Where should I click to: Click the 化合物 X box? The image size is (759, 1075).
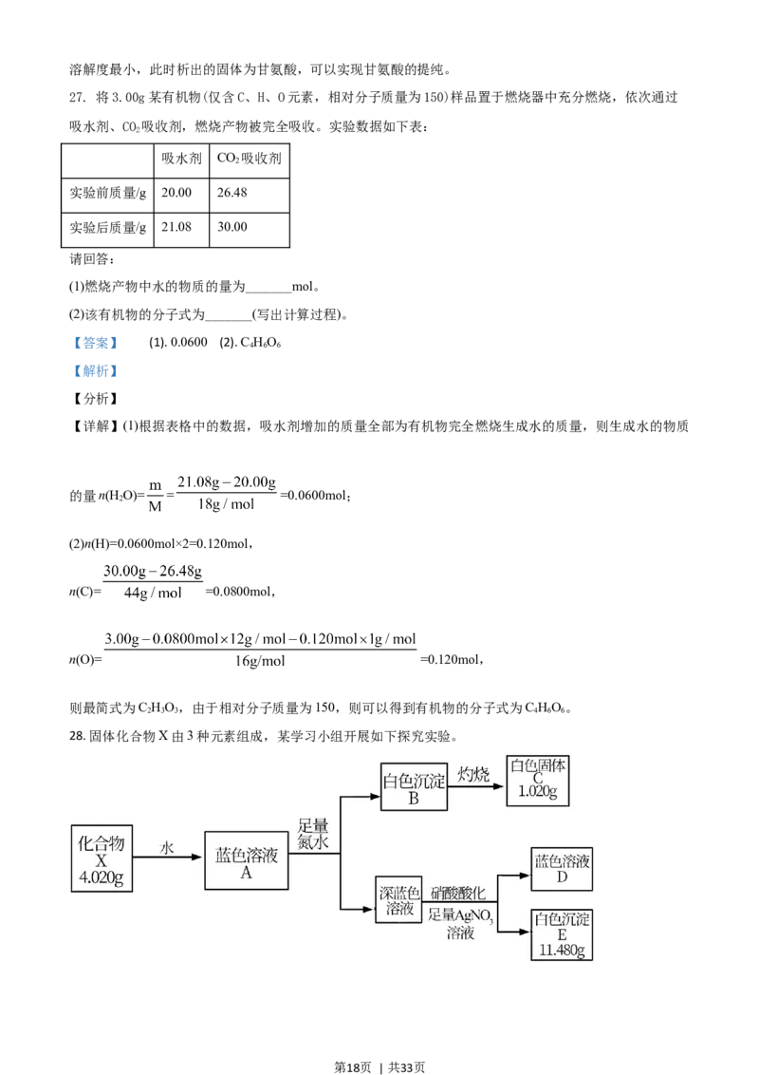(x=102, y=858)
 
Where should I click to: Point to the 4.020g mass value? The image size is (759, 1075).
(x=102, y=877)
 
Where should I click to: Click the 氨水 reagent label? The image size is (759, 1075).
(x=313, y=841)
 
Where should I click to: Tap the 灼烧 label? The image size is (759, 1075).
(x=473, y=774)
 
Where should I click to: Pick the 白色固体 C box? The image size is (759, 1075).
(x=538, y=780)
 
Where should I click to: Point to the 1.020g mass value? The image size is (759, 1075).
(x=538, y=793)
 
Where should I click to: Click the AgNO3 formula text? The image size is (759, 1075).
(x=472, y=915)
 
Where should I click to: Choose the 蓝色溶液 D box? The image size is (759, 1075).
(x=562, y=868)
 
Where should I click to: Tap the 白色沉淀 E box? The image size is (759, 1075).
(x=562, y=934)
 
